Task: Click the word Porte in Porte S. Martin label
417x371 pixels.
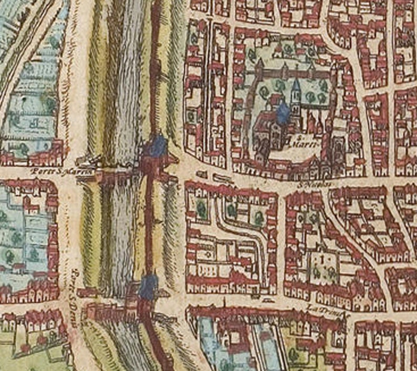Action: [x=38, y=171]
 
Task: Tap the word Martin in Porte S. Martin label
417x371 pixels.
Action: [x=81, y=171]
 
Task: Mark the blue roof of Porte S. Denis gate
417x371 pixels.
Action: [x=148, y=286]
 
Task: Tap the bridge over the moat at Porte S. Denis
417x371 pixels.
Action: [x=113, y=312]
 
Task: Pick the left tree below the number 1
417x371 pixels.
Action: [x=316, y=272]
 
